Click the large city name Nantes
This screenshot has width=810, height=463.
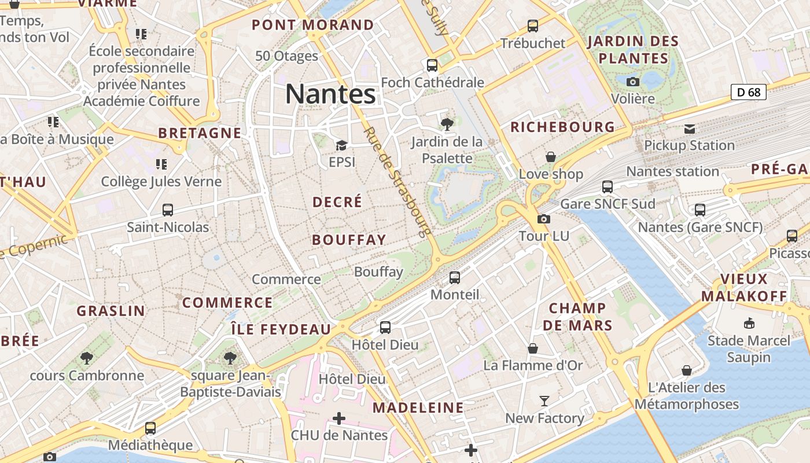click(330, 94)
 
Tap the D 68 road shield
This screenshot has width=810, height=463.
click(748, 92)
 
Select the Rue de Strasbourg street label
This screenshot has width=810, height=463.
click(398, 182)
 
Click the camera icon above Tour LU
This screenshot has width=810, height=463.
click(544, 219)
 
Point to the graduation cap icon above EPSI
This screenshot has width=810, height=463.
click(341, 145)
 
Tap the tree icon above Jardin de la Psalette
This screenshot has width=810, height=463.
click(447, 123)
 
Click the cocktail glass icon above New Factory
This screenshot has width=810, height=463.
click(544, 400)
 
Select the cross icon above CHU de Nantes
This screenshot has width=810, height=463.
click(339, 418)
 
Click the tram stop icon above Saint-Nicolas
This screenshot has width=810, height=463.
click(168, 210)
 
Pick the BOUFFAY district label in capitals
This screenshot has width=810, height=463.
click(349, 240)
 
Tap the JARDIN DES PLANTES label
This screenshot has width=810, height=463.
click(633, 50)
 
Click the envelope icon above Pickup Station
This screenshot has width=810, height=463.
click(690, 128)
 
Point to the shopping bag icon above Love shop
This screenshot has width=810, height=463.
click(551, 157)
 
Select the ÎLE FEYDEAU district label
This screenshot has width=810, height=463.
click(281, 329)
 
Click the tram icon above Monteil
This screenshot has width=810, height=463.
click(455, 278)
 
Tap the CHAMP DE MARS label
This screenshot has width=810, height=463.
click(577, 317)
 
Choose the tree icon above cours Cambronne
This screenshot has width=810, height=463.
click(87, 358)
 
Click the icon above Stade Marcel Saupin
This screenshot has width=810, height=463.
click(749, 323)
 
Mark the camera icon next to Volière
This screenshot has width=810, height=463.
click(633, 82)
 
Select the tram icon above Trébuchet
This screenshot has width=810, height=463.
click(533, 26)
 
